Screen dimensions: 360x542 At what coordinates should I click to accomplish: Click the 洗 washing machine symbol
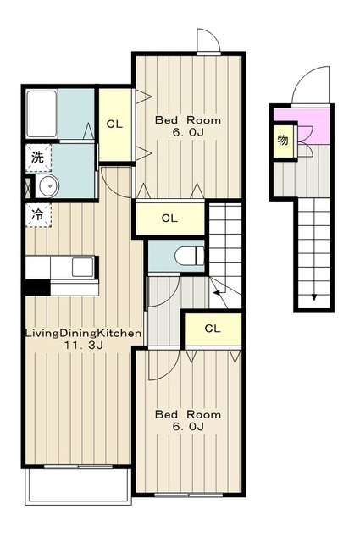[38, 158]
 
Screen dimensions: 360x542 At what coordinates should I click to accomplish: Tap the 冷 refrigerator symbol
[38, 215]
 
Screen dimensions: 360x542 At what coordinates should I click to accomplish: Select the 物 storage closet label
[283, 141]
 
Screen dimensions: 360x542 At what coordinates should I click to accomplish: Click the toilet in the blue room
[190, 256]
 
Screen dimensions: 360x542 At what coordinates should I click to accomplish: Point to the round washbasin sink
[49, 186]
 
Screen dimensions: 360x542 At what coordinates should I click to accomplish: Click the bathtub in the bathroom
[42, 113]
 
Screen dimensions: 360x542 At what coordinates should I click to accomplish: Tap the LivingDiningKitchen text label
[83, 334]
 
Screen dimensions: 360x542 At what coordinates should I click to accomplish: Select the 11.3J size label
[83, 345]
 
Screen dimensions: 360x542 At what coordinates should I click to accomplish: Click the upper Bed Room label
[188, 120]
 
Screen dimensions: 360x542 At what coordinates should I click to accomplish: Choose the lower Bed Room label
[188, 414]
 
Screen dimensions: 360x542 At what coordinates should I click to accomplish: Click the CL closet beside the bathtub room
[115, 124]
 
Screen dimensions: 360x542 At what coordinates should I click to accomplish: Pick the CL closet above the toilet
[169, 218]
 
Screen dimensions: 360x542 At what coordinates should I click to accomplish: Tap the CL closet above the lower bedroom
[213, 329]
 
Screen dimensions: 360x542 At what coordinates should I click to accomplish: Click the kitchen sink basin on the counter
[82, 268]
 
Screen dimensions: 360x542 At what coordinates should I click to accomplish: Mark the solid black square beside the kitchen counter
[37, 288]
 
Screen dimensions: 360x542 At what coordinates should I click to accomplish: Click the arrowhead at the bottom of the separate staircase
[314, 297]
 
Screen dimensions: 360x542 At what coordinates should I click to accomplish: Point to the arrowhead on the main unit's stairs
[217, 293]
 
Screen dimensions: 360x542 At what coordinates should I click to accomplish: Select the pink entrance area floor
[313, 124]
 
